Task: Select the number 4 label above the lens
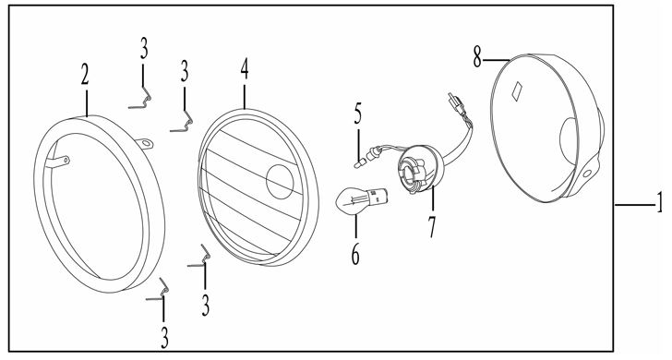245,69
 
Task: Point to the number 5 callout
358,114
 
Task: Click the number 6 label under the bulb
355,254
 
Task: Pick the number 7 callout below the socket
432,227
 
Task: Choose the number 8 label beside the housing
477,57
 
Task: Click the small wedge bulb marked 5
360,163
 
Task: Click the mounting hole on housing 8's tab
587,174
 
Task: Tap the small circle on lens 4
280,182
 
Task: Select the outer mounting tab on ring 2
144,143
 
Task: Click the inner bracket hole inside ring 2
66,161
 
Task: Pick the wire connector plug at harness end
456,104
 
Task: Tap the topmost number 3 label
144,48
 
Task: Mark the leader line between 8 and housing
497,60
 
